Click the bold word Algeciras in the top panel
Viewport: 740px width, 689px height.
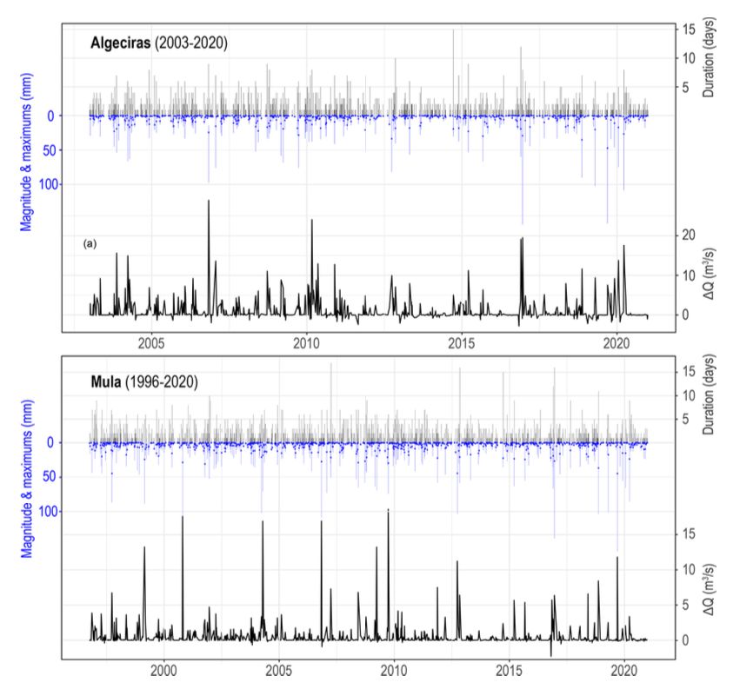[x=121, y=41]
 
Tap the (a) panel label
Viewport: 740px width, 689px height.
[x=90, y=244]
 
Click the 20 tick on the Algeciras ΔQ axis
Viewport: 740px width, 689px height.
[x=687, y=235]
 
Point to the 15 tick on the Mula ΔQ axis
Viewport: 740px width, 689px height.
[x=687, y=533]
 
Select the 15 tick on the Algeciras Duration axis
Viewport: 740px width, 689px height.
[x=687, y=29]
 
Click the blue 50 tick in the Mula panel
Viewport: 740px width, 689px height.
[x=75, y=476]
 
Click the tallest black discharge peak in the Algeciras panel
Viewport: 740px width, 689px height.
[x=209, y=202]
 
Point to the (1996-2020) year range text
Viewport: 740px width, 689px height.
[x=166, y=381]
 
